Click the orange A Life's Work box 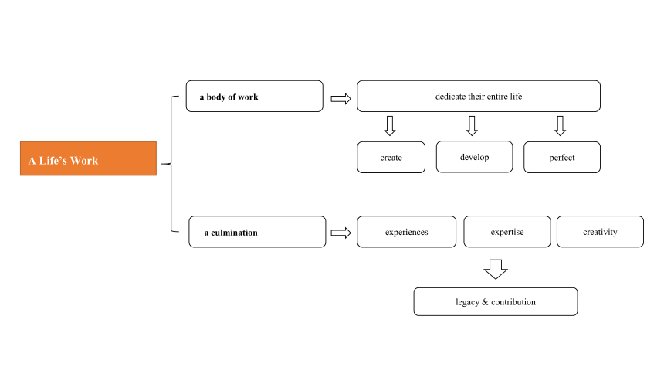(88, 158)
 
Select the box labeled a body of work (255, 97)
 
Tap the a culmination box (257, 232)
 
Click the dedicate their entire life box (479, 97)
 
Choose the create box (391, 158)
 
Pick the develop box (474, 157)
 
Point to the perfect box (562, 158)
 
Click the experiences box (407, 232)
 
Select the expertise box (507, 232)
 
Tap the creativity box (600, 232)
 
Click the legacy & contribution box (496, 302)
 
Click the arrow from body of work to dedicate (341, 99)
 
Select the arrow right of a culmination (341, 233)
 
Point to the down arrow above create (390, 126)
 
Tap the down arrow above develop (473, 126)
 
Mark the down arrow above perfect (561, 126)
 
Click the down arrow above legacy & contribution (496, 269)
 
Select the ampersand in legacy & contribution (486, 302)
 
